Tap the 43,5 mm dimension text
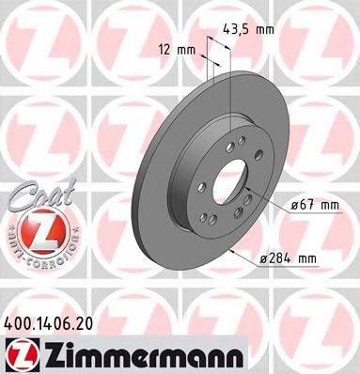[x=248, y=30]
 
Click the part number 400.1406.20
[x=55, y=321]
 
